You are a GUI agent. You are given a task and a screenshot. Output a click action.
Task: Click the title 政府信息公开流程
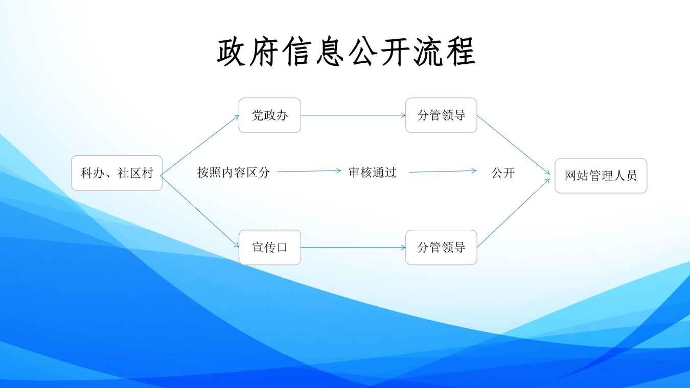tap(346, 52)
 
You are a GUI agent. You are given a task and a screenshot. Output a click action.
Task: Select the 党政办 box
tap(270, 115)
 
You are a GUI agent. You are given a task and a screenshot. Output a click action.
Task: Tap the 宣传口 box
tap(270, 248)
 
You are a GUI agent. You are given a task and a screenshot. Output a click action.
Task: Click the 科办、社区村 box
tap(117, 173)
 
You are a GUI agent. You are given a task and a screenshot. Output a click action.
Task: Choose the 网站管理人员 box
tap(601, 176)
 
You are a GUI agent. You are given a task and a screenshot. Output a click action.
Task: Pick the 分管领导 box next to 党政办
tap(441, 115)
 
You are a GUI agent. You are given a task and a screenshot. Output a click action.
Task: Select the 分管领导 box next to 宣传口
tap(441, 248)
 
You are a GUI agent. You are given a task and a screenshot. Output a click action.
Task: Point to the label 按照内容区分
tap(234, 173)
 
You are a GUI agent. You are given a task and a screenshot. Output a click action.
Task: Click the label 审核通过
tap(373, 173)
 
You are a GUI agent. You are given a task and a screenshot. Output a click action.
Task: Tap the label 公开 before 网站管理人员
tap(503, 173)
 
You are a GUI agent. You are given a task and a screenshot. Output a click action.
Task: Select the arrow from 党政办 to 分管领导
tap(353, 115)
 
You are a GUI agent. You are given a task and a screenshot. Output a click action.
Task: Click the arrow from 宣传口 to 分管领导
tap(353, 248)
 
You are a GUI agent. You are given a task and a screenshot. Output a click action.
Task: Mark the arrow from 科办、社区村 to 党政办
tap(200, 144)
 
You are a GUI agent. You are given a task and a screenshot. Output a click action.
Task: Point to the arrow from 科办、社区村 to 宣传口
tap(200, 211)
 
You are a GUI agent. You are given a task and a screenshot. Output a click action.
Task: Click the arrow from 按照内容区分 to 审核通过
tap(309, 171)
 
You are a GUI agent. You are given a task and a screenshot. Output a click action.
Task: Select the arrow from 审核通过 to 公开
tap(443, 172)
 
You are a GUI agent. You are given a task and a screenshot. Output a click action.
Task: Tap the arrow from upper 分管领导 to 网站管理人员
tap(513, 145)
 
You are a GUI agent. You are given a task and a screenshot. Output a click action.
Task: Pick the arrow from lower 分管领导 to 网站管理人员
tap(513, 212)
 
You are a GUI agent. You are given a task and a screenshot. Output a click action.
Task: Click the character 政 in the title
tap(233, 52)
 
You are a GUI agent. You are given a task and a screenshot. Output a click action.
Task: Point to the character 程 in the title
tap(459, 52)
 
